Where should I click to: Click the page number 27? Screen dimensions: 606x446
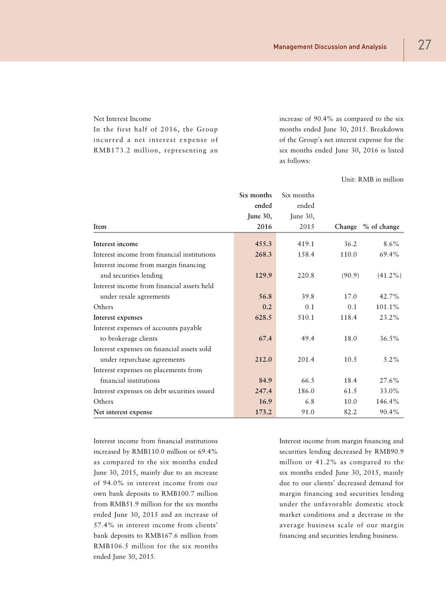pos(424,45)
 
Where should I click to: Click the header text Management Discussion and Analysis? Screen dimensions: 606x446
pos(330,47)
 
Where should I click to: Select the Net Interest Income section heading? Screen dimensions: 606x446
pos(122,119)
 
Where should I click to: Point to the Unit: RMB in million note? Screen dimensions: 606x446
pos(372,179)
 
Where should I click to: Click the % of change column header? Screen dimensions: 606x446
pos(381,227)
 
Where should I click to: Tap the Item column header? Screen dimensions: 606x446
pos(100,227)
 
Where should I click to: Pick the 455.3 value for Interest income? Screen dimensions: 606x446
pos(263,244)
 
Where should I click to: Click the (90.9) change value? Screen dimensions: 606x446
pos(350,275)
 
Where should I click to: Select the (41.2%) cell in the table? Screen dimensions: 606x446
pos(389,275)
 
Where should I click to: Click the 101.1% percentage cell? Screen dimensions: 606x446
pos(388,307)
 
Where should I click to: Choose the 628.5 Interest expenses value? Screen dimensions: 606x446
pos(263,317)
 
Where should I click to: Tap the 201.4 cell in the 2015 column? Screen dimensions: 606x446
pos(306,359)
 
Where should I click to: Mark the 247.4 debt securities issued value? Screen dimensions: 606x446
pos(263,391)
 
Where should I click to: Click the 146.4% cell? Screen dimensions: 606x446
pos(388,401)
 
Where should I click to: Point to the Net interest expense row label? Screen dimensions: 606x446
pos(123,412)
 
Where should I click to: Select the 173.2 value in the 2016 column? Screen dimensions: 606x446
pos(263,412)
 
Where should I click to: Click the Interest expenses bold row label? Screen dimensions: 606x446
pos(118,317)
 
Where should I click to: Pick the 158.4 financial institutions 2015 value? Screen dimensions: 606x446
pos(306,254)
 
